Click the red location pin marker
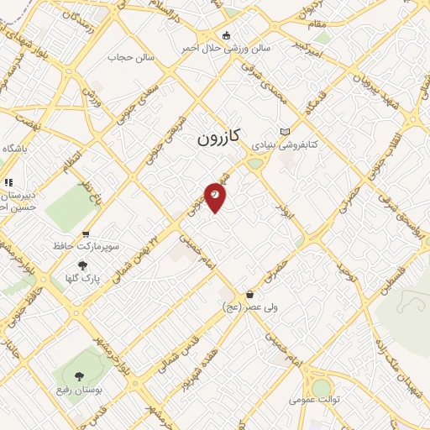coord(216,194)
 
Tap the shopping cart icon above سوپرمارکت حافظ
coord(85,235)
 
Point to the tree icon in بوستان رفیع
coord(80,377)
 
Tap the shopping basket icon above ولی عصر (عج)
coord(250,295)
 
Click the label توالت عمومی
coord(318,402)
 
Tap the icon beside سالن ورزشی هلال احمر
coord(225,35)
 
